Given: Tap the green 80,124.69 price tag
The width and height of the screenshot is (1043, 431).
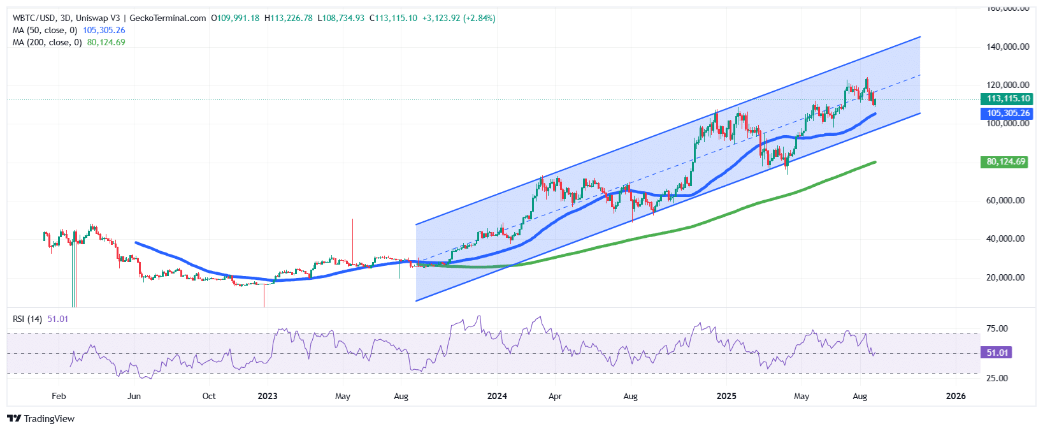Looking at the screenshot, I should (x=1006, y=162).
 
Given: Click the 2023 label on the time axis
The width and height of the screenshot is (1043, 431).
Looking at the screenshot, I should (x=268, y=396).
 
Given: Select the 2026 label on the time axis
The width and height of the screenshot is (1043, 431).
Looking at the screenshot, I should (x=956, y=396).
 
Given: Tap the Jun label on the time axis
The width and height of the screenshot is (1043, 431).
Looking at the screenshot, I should (x=134, y=396).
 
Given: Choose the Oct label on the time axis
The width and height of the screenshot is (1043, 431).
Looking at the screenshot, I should (x=209, y=396).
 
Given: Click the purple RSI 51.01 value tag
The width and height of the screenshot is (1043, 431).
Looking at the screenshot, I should (x=997, y=353).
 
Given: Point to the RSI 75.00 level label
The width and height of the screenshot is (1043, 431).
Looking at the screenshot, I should (x=997, y=328).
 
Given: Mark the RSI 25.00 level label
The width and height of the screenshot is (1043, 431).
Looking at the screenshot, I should (x=997, y=378).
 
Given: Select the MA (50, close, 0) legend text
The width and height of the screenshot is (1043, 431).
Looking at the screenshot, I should (x=45, y=30).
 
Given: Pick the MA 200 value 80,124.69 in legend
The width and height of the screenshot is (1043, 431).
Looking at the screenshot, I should (x=106, y=42).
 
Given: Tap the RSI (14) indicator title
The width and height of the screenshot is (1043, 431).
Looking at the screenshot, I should (x=27, y=319).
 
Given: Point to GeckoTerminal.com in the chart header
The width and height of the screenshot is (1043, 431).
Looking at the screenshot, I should (x=168, y=18).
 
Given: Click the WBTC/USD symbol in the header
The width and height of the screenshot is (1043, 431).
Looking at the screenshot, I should (x=34, y=18).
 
